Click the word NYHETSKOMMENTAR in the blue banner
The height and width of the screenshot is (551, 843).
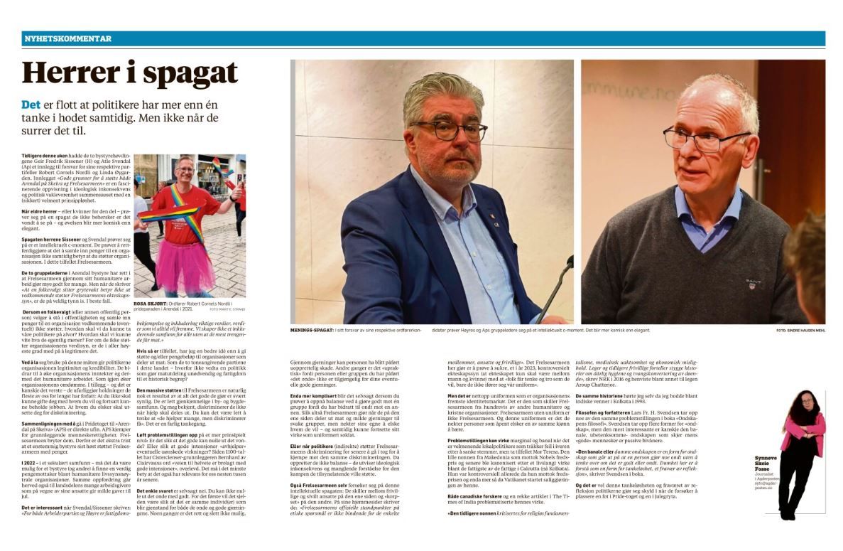point(67,38)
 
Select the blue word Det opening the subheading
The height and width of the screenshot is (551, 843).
point(33,105)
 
